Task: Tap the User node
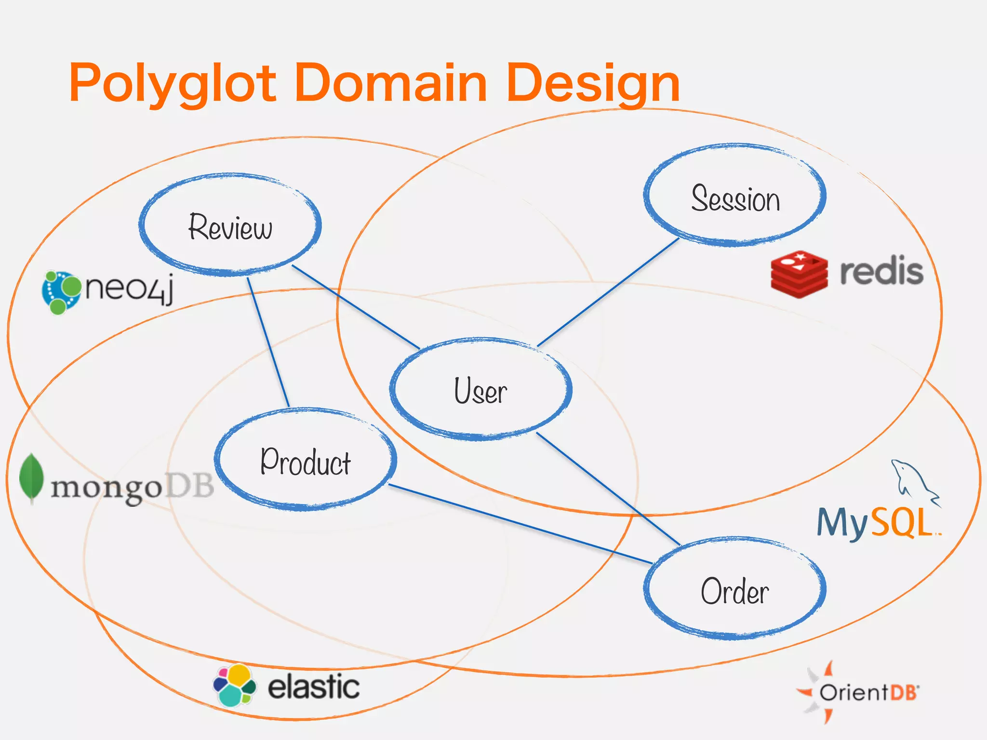pyautogui.click(x=480, y=389)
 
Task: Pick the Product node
pyautogui.click(x=306, y=460)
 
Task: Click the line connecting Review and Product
pyautogui.click(x=268, y=342)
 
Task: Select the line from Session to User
pyautogui.click(x=608, y=292)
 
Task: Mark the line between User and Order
pyautogui.click(x=608, y=489)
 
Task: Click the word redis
pyautogui.click(x=881, y=272)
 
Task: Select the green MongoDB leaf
pyautogui.click(x=31, y=478)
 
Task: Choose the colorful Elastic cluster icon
pyautogui.click(x=235, y=685)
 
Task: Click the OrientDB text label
pyautogui.click(x=868, y=692)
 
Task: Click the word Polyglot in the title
pyautogui.click(x=173, y=83)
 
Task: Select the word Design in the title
pyautogui.click(x=593, y=83)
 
